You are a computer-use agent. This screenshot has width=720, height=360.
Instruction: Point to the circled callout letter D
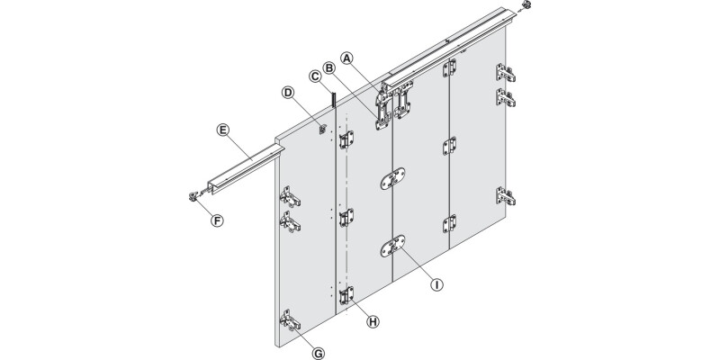[x=288, y=92]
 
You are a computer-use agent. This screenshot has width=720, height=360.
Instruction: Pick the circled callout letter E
[x=221, y=130]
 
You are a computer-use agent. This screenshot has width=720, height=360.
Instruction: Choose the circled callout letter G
[x=318, y=353]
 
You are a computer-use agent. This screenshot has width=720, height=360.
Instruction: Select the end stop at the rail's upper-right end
[x=525, y=7]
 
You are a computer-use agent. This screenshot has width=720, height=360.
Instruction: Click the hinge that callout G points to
[x=289, y=323]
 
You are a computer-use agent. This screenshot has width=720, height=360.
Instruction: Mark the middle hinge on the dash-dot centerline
[x=346, y=218]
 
